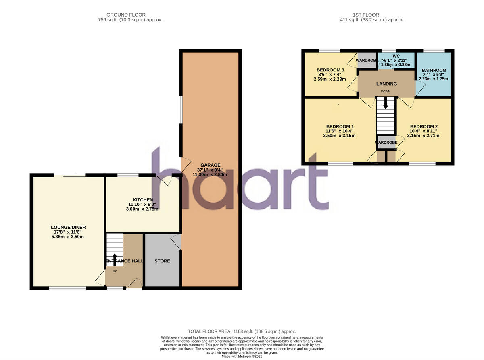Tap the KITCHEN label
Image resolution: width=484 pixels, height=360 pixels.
click(x=143, y=200)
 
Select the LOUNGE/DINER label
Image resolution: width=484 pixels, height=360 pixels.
click(x=68, y=228)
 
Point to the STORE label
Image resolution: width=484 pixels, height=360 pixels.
click(x=162, y=261)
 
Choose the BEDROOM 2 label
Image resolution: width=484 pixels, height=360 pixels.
click(x=423, y=126)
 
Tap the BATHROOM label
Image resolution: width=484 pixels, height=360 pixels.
click(x=434, y=70)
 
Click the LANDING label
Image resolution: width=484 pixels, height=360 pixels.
click(x=386, y=84)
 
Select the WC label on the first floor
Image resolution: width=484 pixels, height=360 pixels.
click(x=396, y=56)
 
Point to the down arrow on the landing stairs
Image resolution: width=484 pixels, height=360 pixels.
click(x=386, y=103)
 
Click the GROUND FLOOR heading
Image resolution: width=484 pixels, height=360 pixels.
click(x=126, y=15)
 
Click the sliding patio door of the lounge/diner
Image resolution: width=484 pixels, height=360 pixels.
click(x=69, y=175)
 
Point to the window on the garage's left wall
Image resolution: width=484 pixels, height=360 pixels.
click(x=181, y=110)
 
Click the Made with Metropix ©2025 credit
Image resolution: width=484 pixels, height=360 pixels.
click(x=242, y=356)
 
